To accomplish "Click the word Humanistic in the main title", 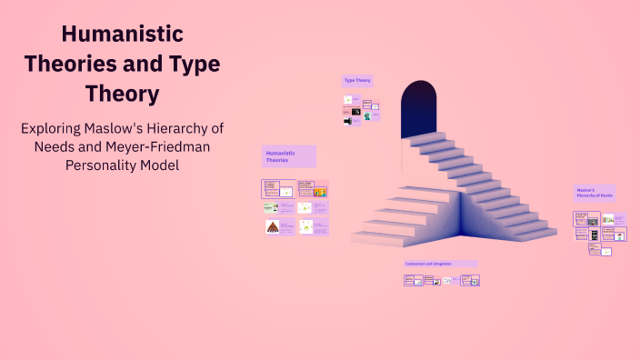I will [122, 35].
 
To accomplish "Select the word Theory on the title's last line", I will [122, 93].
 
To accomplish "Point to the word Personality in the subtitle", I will [102, 165].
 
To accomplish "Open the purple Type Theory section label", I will [357, 81].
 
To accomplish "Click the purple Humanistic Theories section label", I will [288, 156].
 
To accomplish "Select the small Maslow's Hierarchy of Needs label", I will [595, 193].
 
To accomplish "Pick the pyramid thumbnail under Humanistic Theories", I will [272, 226].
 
